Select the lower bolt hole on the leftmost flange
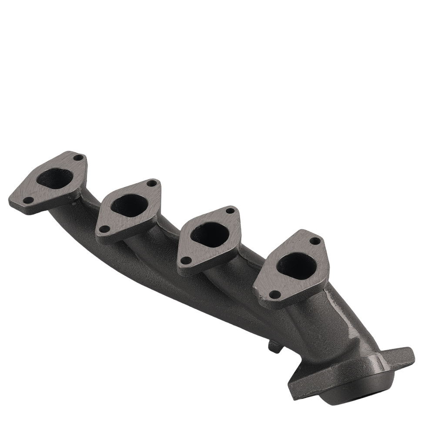coord(27,200)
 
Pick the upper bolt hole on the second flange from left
coord(151,184)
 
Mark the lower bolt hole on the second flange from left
coord(104,229)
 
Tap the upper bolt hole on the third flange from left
coord(230,211)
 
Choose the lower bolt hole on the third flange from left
coord(186,261)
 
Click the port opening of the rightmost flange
coord(296,265)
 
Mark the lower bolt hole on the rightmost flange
coord(274,294)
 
